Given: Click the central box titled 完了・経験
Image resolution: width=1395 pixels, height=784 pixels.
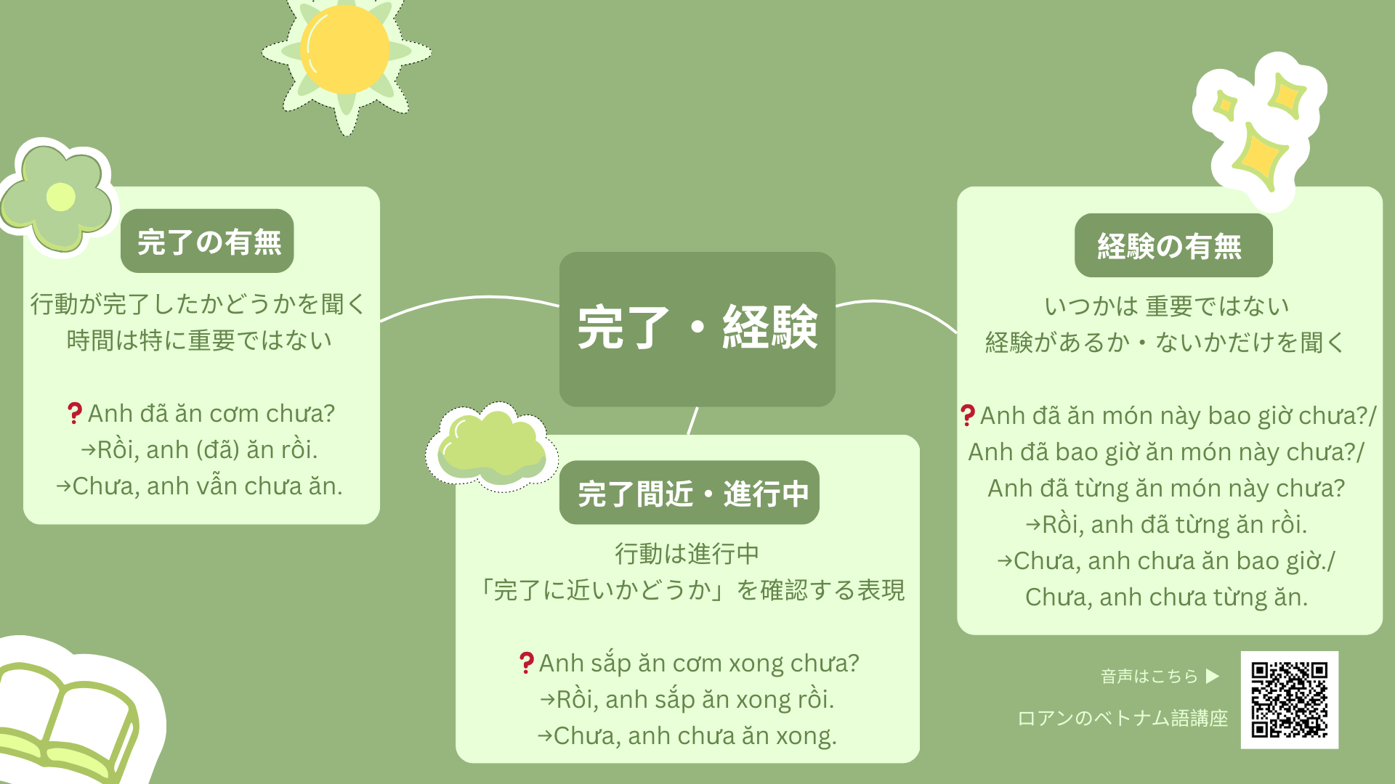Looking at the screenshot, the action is click(697, 329).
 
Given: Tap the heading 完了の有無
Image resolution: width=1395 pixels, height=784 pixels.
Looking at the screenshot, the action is click(208, 242).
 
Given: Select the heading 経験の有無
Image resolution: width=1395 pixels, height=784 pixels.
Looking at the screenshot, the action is click(1173, 245).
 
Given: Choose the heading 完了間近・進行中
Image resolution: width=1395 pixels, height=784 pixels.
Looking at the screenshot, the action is click(690, 493).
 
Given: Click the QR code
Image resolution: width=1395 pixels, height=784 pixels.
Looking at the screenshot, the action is click(1290, 700).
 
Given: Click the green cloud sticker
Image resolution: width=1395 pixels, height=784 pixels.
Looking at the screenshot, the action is click(492, 447).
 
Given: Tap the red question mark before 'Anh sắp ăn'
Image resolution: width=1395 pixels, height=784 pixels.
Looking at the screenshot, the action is click(527, 663).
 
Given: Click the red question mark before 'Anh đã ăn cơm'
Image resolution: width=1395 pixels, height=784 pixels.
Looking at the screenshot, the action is click(74, 414).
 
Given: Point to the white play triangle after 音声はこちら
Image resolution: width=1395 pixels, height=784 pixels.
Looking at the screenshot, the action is click(1212, 677).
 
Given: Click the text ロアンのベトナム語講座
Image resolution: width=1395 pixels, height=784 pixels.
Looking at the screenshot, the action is click(1123, 718).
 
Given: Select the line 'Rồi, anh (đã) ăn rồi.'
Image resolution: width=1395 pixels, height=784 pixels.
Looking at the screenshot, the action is click(200, 450).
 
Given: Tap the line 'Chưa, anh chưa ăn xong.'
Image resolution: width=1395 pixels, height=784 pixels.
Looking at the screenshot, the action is click(687, 736).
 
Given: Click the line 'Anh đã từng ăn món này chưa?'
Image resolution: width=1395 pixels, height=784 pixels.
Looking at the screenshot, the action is click(1166, 489).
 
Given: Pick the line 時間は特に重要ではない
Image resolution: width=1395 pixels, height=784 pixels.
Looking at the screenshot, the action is click(200, 340).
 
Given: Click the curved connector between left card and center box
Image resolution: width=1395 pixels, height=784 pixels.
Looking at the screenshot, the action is click(469, 299).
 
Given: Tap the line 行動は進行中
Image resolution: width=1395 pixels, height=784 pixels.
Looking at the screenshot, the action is click(687, 554).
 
